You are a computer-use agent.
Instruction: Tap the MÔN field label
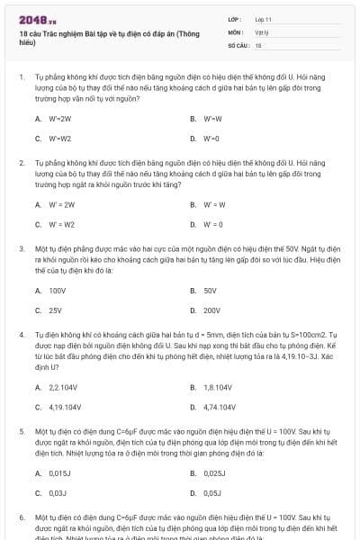236,31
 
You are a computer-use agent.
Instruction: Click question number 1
21,77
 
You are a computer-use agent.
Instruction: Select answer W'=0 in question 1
210,139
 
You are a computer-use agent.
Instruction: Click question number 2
21,163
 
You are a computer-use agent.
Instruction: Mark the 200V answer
211,310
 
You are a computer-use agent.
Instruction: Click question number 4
21,335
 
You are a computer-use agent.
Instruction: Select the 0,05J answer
211,493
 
